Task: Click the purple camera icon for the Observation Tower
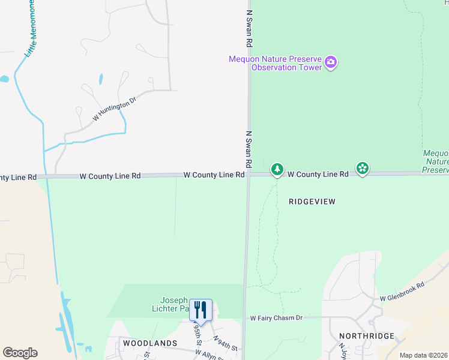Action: (x=331, y=62)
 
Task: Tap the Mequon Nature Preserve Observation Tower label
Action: (x=275, y=63)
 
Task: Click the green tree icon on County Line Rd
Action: (x=277, y=170)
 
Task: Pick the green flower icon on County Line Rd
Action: (x=363, y=169)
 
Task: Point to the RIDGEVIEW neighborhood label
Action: (x=312, y=202)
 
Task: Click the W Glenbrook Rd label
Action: (x=402, y=292)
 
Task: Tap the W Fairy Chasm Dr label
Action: (x=276, y=317)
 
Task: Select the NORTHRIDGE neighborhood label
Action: (x=366, y=336)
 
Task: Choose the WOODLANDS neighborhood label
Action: (x=150, y=343)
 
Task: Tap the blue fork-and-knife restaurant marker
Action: (x=201, y=310)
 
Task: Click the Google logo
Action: (x=20, y=353)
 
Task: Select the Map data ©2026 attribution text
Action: (x=423, y=355)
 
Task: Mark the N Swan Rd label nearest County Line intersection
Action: (x=248, y=149)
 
